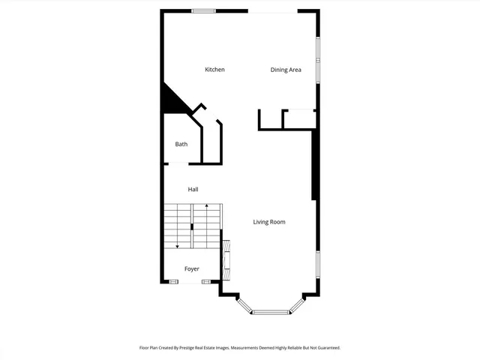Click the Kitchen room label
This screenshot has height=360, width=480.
pyautogui.click(x=214, y=70)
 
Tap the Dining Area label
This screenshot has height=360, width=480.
pyautogui.click(x=286, y=70)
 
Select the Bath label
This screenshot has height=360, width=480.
pyautogui.click(x=181, y=144)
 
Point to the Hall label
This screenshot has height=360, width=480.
pyautogui.click(x=193, y=189)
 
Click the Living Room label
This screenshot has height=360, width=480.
pyautogui.click(x=268, y=222)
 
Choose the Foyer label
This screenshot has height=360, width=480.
pyautogui.click(x=192, y=268)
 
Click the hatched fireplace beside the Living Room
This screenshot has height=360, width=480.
pyautogui.click(x=226, y=259)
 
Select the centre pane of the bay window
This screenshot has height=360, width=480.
pyautogui.click(x=271, y=312)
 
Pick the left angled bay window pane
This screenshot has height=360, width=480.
pyautogui.click(x=244, y=304)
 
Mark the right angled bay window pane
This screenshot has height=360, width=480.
pyautogui.click(x=297, y=304)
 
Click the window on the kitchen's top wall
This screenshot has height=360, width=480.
pyautogui.click(x=203, y=10)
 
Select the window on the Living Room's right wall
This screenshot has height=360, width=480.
pyautogui.click(x=317, y=266)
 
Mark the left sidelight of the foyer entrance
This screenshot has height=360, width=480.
pyautogui.click(x=173, y=282)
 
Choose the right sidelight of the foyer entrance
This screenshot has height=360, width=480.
pyautogui.click(x=205, y=282)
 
